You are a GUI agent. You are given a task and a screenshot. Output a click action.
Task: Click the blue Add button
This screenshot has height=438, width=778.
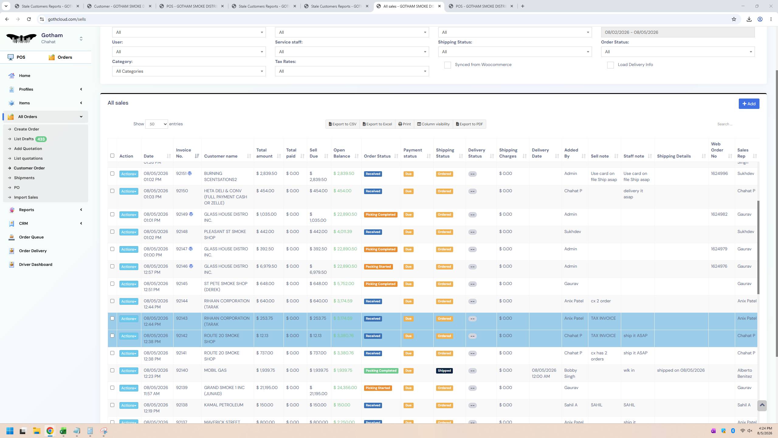tap(749, 104)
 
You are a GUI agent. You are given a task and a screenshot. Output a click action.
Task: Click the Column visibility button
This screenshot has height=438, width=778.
tap(433, 124)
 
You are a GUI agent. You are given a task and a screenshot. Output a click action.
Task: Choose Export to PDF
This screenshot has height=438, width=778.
tap(470, 124)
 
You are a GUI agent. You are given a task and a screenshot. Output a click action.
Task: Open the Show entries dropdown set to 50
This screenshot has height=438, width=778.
tap(157, 124)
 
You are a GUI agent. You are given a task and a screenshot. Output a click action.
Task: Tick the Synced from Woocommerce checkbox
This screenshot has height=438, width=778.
tap(448, 65)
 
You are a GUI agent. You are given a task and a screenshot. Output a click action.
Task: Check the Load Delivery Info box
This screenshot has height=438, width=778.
tap(611, 65)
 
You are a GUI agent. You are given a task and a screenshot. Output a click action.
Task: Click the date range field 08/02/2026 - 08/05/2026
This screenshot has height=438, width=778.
tap(678, 32)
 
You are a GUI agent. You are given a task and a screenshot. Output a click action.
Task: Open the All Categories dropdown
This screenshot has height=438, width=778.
tap(189, 71)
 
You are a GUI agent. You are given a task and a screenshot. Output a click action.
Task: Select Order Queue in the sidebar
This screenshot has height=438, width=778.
tap(31, 237)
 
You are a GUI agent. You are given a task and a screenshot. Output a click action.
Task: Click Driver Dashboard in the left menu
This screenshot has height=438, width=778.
tap(36, 265)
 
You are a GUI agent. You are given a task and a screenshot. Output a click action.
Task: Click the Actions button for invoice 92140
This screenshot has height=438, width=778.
tap(129, 371)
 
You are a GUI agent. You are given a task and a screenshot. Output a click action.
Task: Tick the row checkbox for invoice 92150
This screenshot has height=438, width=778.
tap(112, 191)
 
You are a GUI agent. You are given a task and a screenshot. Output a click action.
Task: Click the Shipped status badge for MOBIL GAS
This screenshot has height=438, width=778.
tap(444, 371)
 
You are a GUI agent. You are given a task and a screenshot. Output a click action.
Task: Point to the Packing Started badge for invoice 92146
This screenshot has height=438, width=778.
tap(378, 267)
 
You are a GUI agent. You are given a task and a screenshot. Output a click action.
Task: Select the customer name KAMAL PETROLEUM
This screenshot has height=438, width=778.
tap(224, 405)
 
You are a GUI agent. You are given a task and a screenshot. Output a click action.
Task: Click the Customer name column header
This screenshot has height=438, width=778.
tap(221, 156)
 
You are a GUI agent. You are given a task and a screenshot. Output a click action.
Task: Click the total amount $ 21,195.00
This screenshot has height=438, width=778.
tap(267, 388)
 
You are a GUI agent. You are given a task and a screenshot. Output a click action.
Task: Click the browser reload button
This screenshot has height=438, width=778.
tap(29, 19)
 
